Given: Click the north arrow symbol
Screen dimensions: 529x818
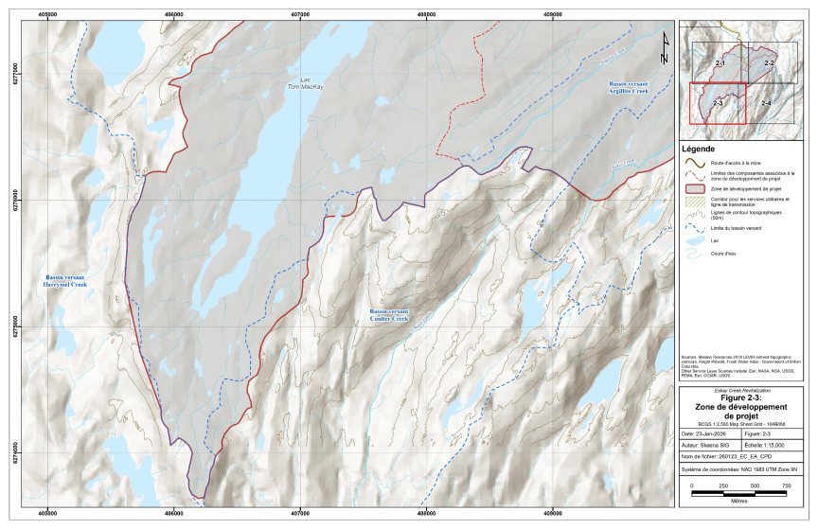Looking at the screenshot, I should [x=664, y=48].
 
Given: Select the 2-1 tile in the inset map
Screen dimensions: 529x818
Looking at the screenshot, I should [x=720, y=62].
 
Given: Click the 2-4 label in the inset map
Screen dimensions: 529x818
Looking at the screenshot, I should [x=765, y=102].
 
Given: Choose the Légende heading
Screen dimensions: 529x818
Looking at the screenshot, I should [x=699, y=150].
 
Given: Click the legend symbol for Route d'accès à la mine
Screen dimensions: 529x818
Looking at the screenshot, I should [x=694, y=163].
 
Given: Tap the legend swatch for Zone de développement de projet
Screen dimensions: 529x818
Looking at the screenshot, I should [x=694, y=190].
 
